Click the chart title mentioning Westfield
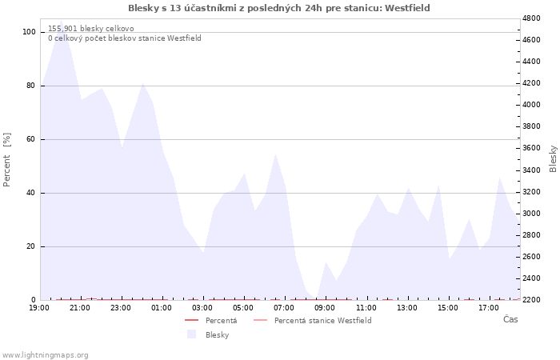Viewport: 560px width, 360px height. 279,8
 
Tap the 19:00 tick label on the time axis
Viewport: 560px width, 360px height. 39,308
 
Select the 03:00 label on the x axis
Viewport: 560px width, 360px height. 202,308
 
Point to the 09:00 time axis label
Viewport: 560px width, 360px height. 325,308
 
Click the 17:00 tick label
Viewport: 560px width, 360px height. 489,308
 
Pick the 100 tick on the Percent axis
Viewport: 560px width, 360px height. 29,32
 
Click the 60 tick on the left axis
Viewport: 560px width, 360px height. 31,139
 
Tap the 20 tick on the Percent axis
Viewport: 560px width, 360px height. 31,246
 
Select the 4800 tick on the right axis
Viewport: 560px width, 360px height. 531,18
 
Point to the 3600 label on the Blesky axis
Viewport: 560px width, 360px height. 531,148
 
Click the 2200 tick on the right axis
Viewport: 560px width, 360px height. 531,300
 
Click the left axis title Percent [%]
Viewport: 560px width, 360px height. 6,160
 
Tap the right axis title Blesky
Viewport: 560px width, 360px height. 553,159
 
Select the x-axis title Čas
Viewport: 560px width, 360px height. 510,319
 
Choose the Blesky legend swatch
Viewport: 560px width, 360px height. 191,334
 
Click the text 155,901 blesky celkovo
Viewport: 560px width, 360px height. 91,29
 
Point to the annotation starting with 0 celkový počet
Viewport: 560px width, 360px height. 125,38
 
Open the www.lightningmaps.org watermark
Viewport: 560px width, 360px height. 44,355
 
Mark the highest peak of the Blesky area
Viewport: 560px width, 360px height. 61,20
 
